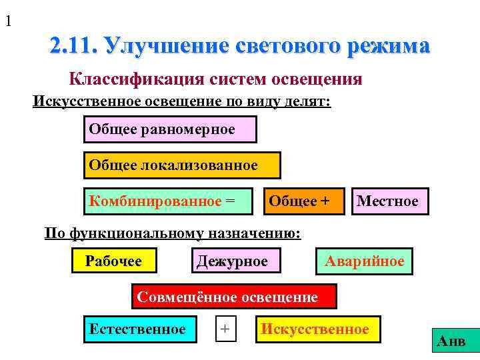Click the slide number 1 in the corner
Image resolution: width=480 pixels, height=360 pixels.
pyautogui.click(x=8, y=21)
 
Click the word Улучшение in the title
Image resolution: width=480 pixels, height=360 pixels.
pyautogui.click(x=167, y=46)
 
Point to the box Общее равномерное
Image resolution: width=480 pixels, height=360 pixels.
pyautogui.click(x=170, y=129)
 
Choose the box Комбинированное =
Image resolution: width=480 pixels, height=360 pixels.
pyautogui.click(x=169, y=201)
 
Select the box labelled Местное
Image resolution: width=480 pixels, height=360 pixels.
pyautogui.click(x=389, y=201)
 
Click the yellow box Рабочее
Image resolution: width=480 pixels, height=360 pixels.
pyautogui.click(x=114, y=261)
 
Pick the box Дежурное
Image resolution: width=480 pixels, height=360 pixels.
pyautogui.click(x=235, y=261)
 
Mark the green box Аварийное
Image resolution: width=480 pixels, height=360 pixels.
pyautogui.click(x=364, y=261)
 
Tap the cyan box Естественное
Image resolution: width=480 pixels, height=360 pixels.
pyautogui.click(x=140, y=329)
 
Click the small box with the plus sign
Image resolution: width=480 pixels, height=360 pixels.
pyautogui.click(x=227, y=329)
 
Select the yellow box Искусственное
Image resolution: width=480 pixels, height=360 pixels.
pyautogui.click(x=317, y=329)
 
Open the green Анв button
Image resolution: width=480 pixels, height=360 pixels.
pyautogui.click(x=451, y=342)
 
